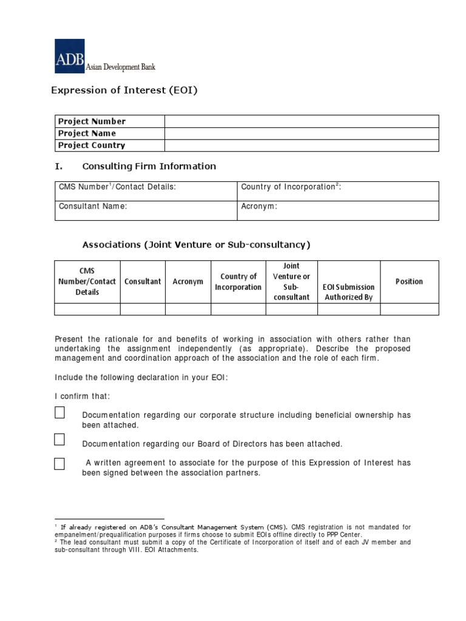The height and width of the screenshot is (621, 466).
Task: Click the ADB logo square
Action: pyautogui.click(x=70, y=56)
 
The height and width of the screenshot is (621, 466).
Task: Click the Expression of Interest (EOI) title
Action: pyautogui.click(x=124, y=90)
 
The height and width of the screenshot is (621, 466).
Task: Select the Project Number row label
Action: pyautogui.click(x=92, y=121)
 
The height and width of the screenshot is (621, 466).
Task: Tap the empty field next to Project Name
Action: pyautogui.click(x=301, y=133)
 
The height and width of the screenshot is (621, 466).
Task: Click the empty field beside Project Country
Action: pyautogui.click(x=301, y=146)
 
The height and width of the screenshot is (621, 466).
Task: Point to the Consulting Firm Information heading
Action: pyautogui.click(x=149, y=166)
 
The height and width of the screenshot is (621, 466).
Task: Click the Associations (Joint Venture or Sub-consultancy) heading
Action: pyautogui.click(x=196, y=245)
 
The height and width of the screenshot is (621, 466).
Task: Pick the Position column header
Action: pyautogui.click(x=409, y=281)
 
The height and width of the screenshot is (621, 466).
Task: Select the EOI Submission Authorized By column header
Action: pyautogui.click(x=349, y=292)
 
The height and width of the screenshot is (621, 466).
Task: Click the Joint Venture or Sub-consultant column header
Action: pyautogui.click(x=291, y=281)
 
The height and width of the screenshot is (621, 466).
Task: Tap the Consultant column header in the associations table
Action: pyautogui.click(x=143, y=281)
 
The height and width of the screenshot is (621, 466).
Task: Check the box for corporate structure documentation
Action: pyautogui.click(x=59, y=413)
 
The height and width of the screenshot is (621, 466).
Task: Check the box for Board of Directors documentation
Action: pyautogui.click(x=59, y=439)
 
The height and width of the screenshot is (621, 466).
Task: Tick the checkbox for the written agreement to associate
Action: pyautogui.click(x=59, y=464)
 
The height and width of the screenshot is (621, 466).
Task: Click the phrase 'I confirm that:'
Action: pyautogui.click(x=83, y=396)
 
